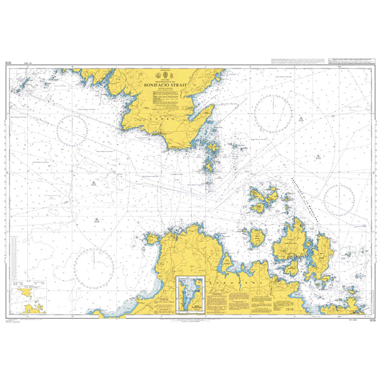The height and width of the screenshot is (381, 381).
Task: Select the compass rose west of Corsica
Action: point(72,130)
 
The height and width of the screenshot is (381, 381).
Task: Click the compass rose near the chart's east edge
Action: point(340,200)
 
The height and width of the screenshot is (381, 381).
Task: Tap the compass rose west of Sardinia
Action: point(93,264)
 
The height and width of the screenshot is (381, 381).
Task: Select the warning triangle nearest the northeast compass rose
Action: point(316,156)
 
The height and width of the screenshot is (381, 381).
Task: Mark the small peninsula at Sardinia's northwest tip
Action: point(152,238)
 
